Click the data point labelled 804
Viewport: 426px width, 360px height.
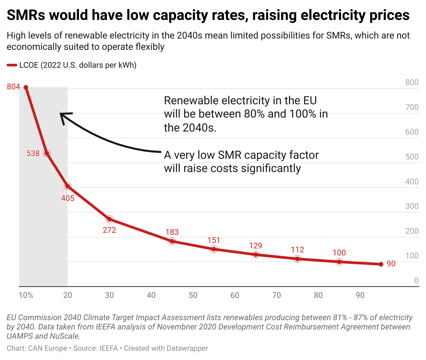pyautogui.click(x=26, y=87)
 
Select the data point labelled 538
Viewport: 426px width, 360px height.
pyautogui.click(x=47, y=153)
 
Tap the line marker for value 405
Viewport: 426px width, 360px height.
pyautogui.click(x=68, y=186)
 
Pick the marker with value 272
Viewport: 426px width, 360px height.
pyautogui.click(x=109, y=219)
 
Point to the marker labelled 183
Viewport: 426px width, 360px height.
pyautogui.click(x=172, y=241)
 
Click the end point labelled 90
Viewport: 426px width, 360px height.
pyautogui.click(x=381, y=264)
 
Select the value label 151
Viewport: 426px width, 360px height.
pyautogui.click(x=214, y=240)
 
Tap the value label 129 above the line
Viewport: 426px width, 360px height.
pyautogui.click(x=255, y=246)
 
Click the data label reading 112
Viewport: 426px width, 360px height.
pyautogui.click(x=297, y=250)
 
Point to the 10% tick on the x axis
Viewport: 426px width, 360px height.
pyautogui.click(x=26, y=295)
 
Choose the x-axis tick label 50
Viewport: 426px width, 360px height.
pyautogui.click(x=193, y=295)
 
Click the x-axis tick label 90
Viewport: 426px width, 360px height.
pyautogui.click(x=360, y=295)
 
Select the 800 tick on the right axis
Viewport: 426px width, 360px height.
pyautogui.click(x=412, y=82)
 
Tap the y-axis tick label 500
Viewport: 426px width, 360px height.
pyautogui.click(x=412, y=157)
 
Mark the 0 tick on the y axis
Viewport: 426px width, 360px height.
pyautogui.click(x=416, y=281)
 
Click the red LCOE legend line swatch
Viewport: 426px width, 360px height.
pyautogui.click(x=12, y=65)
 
